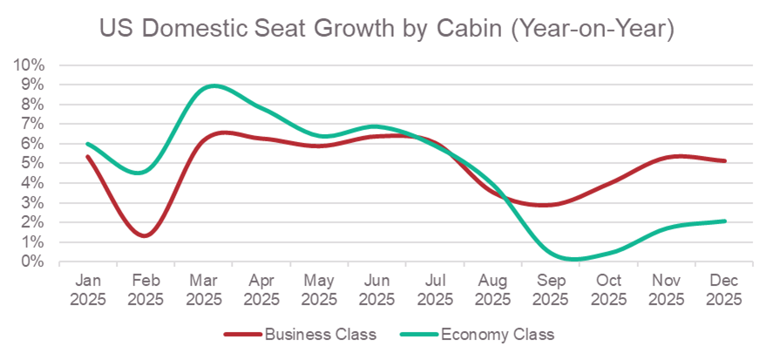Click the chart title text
click(x=387, y=29)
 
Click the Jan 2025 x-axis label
click(x=88, y=290)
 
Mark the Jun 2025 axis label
click(x=376, y=290)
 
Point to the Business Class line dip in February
click(x=145, y=235)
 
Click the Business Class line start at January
click(x=88, y=157)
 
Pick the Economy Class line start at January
click(x=88, y=144)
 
